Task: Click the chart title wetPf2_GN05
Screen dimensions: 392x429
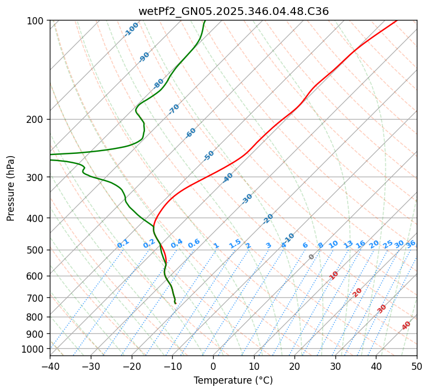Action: point(233,11)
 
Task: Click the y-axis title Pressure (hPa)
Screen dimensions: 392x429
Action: point(11,188)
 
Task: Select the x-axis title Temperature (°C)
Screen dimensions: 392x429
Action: point(233,381)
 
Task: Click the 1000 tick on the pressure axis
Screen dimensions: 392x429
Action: point(33,349)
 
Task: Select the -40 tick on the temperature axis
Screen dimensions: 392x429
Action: point(50,367)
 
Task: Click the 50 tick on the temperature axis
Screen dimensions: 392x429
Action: point(417,367)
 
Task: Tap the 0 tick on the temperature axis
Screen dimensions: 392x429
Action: point(213,367)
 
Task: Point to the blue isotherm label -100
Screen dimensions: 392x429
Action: point(131,29)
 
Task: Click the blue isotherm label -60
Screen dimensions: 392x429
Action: point(191,133)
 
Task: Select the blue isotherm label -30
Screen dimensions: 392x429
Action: point(247,199)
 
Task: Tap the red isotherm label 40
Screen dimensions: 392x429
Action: point(406,326)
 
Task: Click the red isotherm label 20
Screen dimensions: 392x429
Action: point(358,292)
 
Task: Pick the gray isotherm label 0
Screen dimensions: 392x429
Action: point(312,257)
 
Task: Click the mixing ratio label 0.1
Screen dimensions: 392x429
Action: point(123,243)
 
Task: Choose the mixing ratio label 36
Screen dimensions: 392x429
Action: point(411,244)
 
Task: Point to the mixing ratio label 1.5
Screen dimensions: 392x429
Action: point(235,243)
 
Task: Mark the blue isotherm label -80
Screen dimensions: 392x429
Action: point(159,84)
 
